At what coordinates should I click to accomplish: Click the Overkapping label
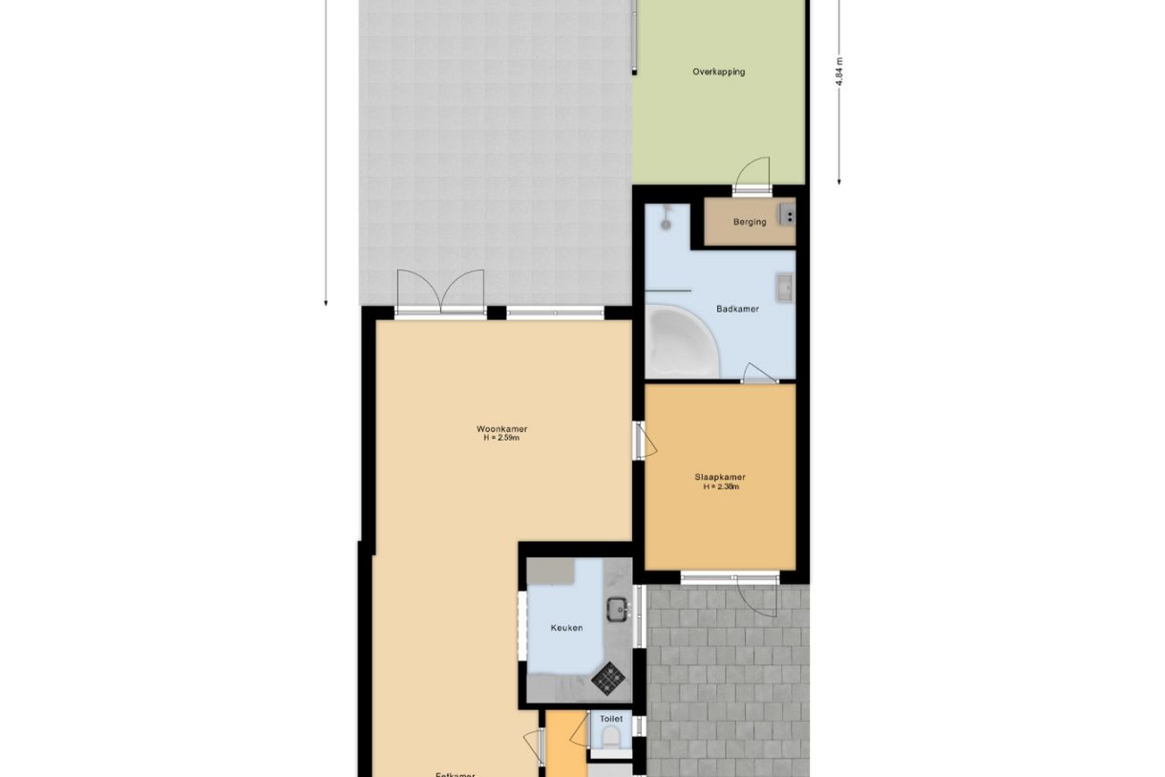(718, 72)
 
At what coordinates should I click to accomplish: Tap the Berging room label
(750, 223)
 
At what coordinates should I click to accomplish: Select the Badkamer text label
(737, 309)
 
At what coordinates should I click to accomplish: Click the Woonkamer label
(501, 429)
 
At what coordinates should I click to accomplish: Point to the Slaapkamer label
(720, 478)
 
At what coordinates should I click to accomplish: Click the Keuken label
(566, 628)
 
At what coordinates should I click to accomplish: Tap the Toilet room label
(611, 719)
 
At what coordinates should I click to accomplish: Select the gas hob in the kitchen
(607, 678)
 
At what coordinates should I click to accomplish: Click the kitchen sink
(618, 607)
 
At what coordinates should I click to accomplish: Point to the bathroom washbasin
(784, 288)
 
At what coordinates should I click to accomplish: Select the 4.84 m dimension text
(839, 72)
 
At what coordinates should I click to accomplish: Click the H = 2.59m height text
(501, 439)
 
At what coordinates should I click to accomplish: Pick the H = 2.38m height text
(721, 486)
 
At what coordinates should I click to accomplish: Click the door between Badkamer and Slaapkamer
(759, 375)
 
